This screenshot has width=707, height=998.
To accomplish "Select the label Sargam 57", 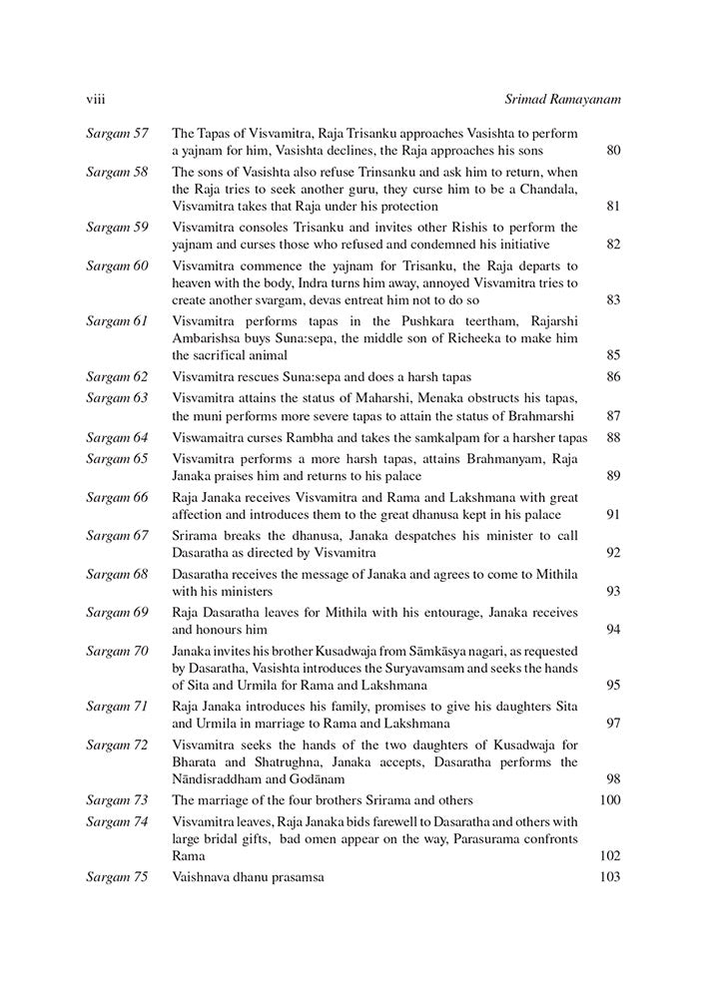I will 117,133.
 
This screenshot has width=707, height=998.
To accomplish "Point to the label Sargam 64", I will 117,437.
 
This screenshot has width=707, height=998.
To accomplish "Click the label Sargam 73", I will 117,799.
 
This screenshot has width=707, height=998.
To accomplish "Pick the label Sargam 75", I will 117,876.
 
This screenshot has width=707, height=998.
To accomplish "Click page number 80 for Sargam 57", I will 613,152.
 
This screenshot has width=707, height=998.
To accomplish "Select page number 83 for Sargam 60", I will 613,300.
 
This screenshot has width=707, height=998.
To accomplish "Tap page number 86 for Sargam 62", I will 613,377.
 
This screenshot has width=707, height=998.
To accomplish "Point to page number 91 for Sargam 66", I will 613,515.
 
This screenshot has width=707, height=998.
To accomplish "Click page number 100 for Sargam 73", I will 609,799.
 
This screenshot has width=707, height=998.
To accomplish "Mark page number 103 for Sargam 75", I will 609,876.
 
